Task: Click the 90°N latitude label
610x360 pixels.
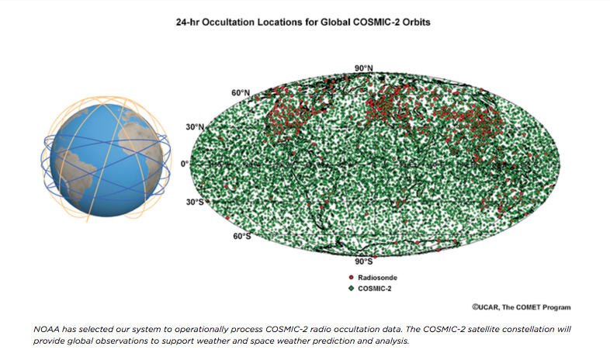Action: point(364,68)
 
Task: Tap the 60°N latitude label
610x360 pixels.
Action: point(241,93)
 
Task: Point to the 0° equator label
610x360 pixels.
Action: point(185,164)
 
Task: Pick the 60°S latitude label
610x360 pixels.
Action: point(243,236)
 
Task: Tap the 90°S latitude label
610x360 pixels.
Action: point(365,261)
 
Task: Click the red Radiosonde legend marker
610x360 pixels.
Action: point(351,277)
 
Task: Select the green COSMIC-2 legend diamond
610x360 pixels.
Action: point(351,288)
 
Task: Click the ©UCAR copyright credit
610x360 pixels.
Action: point(487,307)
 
